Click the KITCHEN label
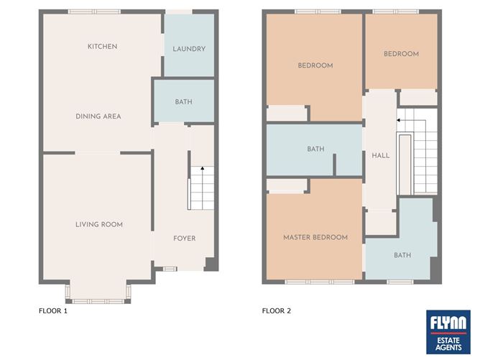click(102, 47)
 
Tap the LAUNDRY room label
click(189, 49)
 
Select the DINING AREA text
click(98, 116)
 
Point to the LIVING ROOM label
click(99, 224)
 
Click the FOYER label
click(184, 238)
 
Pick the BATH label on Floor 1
click(184, 101)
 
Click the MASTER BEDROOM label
click(315, 237)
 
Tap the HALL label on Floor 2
click(381, 155)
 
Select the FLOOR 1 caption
click(53, 310)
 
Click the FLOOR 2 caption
click(277, 310)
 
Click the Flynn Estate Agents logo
click(448, 332)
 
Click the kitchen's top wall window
click(94, 11)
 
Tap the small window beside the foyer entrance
click(168, 269)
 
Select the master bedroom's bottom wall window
click(320, 282)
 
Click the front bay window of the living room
click(98, 302)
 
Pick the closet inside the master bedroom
click(287, 186)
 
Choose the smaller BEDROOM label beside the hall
click(401, 54)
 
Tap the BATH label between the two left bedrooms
click(315, 149)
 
